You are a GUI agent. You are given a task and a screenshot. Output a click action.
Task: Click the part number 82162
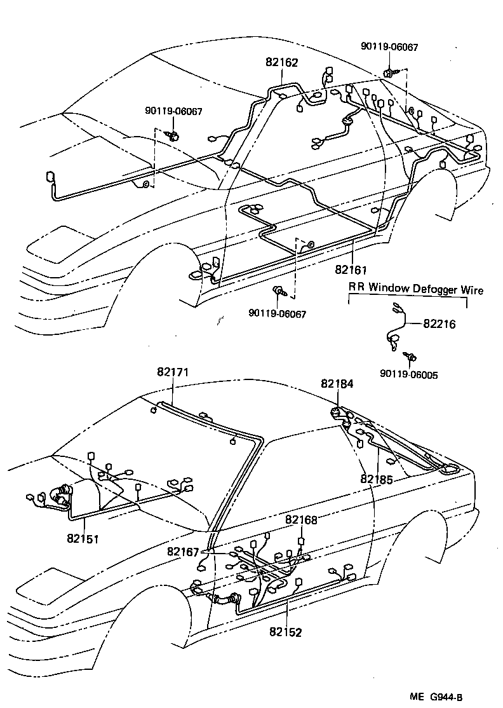pyautogui.click(x=281, y=63)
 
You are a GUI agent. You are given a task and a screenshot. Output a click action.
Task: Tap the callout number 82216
pyautogui.click(x=439, y=323)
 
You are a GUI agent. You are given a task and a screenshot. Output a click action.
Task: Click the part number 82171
pyautogui.click(x=173, y=371)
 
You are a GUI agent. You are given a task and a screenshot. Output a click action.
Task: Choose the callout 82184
pyautogui.click(x=337, y=384)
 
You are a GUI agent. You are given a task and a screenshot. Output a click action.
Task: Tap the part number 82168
pyautogui.click(x=301, y=520)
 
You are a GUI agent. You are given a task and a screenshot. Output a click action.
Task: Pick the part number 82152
pyautogui.click(x=285, y=632)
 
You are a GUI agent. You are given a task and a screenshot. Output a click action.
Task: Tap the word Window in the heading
pyautogui.click(x=387, y=290)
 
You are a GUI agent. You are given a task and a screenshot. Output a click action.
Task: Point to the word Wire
pyautogui.click(x=471, y=290)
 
